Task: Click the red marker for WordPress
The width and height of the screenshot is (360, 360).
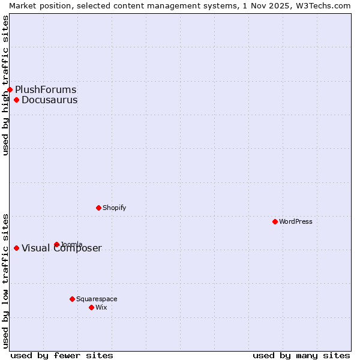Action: tap(275, 221)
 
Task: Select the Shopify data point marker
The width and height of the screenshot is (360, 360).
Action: tap(98, 208)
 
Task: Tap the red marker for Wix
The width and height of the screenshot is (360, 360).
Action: tap(91, 307)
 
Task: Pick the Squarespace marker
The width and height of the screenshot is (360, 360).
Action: tap(72, 299)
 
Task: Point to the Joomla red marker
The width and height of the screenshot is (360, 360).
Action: tap(56, 244)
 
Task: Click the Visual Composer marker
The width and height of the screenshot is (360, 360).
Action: tap(16, 248)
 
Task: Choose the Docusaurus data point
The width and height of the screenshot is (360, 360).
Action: tap(16, 100)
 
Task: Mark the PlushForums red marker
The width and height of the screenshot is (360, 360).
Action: tap(10, 89)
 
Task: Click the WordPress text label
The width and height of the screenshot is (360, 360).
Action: tap(296, 221)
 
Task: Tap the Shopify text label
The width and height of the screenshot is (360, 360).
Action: tap(114, 208)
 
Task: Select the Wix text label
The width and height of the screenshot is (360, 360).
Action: tap(101, 307)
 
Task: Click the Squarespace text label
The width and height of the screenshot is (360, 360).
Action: tap(97, 299)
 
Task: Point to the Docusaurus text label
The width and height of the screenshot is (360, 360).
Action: tap(49, 100)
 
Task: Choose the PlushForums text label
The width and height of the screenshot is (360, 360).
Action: tap(46, 89)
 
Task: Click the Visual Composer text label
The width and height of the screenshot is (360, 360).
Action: tap(62, 248)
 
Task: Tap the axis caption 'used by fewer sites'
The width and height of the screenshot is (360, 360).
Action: tap(62, 355)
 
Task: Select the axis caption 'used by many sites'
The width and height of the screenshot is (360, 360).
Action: tap(301, 355)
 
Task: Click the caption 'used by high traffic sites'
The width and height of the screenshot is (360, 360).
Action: tap(5, 85)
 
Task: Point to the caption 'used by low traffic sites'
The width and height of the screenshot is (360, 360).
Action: tap(5, 280)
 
